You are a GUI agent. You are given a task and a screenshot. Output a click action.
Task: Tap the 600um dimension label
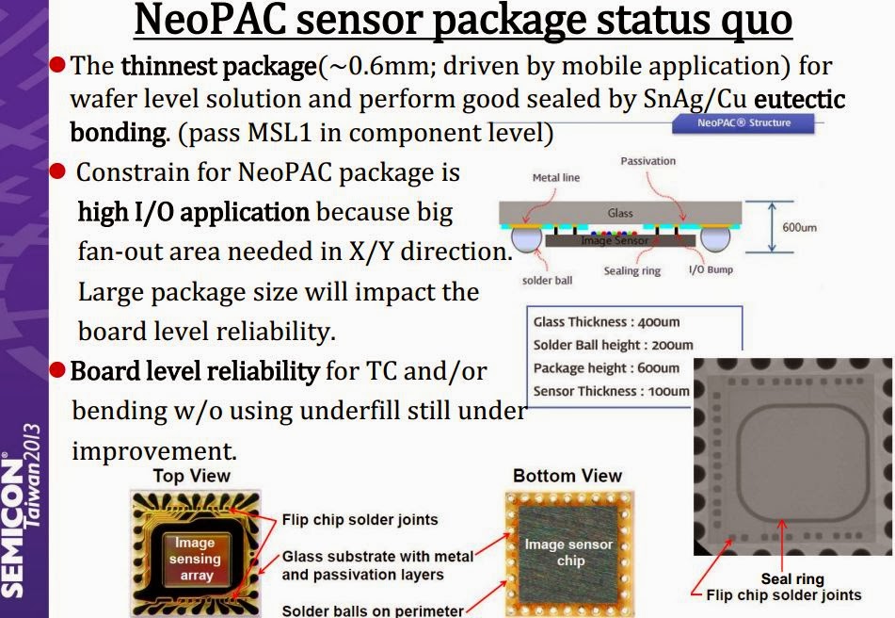pos(799,227)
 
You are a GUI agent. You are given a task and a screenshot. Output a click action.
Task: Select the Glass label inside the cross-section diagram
pos(620,214)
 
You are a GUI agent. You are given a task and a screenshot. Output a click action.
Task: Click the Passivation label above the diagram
pos(647,161)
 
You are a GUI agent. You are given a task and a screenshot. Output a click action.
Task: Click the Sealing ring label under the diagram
pos(631,271)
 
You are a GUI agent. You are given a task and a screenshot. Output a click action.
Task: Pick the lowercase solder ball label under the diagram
pos(548,281)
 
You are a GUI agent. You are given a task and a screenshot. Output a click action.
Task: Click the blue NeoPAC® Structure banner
pos(743,122)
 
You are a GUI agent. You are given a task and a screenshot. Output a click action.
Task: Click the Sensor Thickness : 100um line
pos(611,391)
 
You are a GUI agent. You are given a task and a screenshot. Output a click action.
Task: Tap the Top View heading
pos(191,476)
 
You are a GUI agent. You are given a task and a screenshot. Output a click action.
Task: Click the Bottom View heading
pos(567,476)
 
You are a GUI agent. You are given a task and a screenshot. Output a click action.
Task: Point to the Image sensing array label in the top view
pos(196,559)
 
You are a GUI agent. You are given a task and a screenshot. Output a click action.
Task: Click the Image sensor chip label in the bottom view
pos(568,552)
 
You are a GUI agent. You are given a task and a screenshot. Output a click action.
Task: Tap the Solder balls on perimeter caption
pos(373,610)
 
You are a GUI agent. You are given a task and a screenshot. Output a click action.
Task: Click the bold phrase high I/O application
pos(193,213)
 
